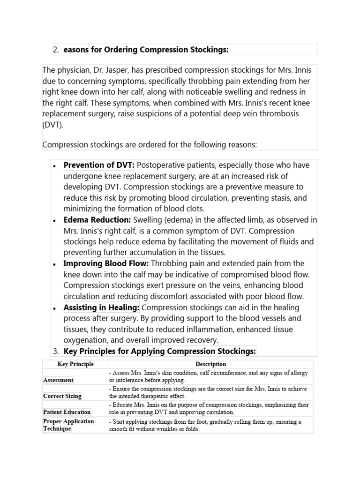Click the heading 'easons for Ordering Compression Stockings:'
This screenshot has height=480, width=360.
coord(146,50)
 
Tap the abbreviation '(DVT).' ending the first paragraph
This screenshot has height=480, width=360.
coord(54,125)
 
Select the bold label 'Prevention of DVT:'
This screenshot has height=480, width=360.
coord(99,165)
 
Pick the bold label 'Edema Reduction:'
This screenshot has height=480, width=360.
coord(97,220)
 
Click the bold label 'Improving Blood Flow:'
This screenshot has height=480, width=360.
coord(106,263)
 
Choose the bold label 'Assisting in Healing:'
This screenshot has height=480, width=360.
coord(102,307)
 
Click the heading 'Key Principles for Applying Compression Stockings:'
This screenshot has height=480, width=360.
coord(160,351)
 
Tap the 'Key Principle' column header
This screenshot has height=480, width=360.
coord(75,364)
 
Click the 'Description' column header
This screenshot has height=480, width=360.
coord(210,364)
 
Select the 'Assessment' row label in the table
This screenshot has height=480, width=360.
coord(59,380)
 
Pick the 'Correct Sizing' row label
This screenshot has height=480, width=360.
coord(62,396)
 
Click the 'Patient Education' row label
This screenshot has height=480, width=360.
coord(67,412)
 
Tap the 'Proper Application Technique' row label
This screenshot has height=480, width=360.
coord(68,425)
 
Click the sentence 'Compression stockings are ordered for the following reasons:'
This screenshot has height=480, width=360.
coord(150,145)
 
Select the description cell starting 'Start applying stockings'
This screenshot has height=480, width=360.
coord(205,425)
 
